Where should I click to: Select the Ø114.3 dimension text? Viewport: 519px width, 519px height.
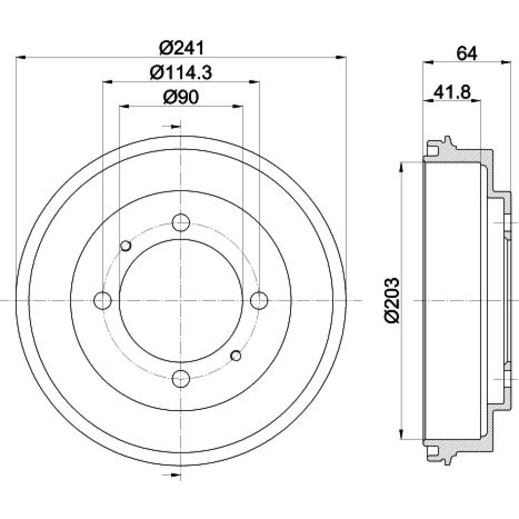181,73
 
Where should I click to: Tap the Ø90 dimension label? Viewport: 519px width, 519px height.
181,98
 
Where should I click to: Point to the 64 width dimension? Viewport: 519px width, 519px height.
467,53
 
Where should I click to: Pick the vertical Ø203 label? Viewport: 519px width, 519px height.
392,301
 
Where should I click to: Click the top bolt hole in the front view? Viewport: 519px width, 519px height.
181,223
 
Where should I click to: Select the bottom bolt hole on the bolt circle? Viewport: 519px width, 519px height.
181,379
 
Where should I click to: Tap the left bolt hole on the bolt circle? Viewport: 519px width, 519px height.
103,301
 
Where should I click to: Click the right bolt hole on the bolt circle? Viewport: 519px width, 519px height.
259,301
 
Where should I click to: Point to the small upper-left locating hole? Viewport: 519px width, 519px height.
126,245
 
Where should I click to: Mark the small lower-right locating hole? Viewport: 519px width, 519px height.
236,356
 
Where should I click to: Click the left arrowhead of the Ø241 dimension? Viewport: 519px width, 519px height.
21,58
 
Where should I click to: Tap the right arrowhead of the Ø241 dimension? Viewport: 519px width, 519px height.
342,58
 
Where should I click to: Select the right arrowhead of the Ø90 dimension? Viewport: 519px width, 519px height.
238,106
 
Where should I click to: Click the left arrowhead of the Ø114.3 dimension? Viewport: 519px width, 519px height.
108,81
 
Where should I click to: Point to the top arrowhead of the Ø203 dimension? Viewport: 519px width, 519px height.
402,167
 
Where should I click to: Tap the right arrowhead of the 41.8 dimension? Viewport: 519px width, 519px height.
475,100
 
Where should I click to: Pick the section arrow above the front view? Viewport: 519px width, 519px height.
172,126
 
